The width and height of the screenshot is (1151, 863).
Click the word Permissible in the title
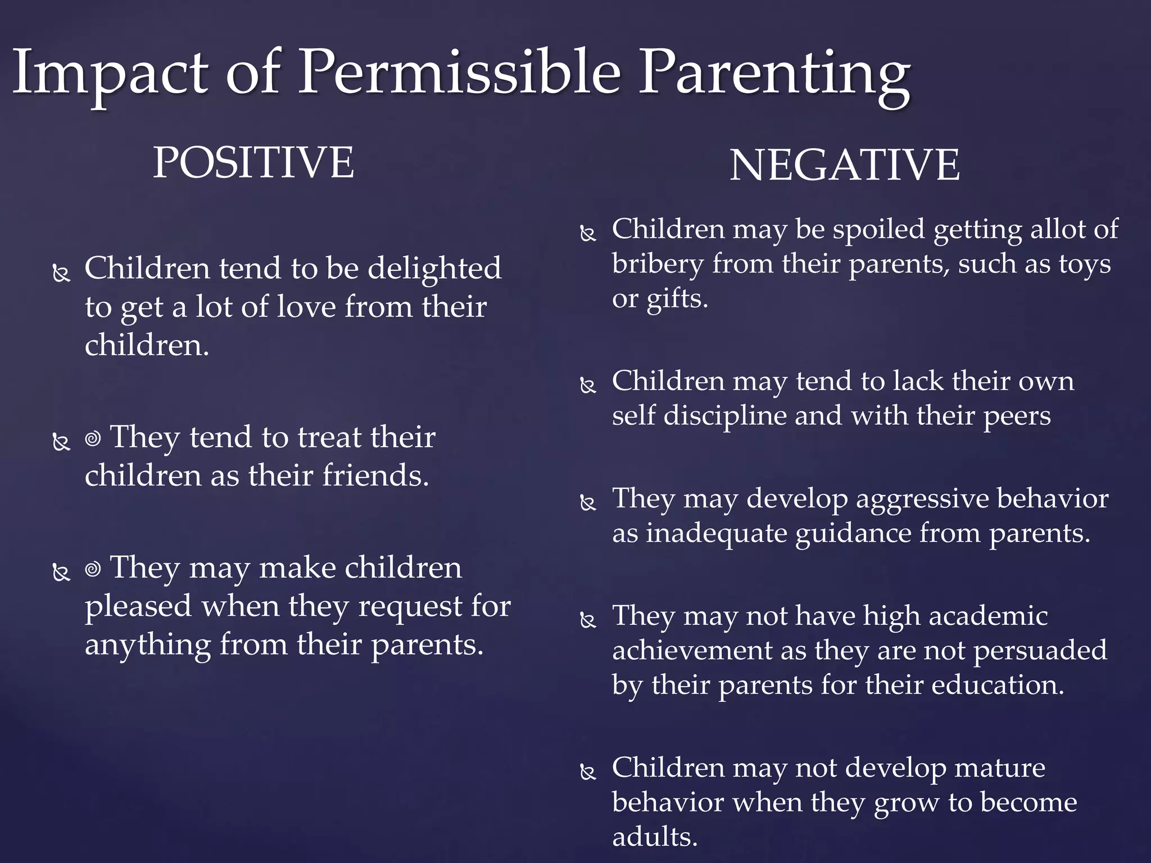(x=458, y=73)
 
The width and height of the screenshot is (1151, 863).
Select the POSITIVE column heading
(x=253, y=162)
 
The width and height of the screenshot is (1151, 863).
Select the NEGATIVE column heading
(x=844, y=165)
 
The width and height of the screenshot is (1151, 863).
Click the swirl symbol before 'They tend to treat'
(x=93, y=438)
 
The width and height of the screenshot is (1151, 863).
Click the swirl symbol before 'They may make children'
(x=93, y=569)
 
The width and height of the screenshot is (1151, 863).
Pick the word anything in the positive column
(x=147, y=645)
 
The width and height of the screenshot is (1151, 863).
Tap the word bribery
(x=658, y=265)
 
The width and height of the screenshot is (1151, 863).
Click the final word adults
(x=654, y=837)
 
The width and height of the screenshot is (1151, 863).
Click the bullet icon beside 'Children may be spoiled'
(x=588, y=233)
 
